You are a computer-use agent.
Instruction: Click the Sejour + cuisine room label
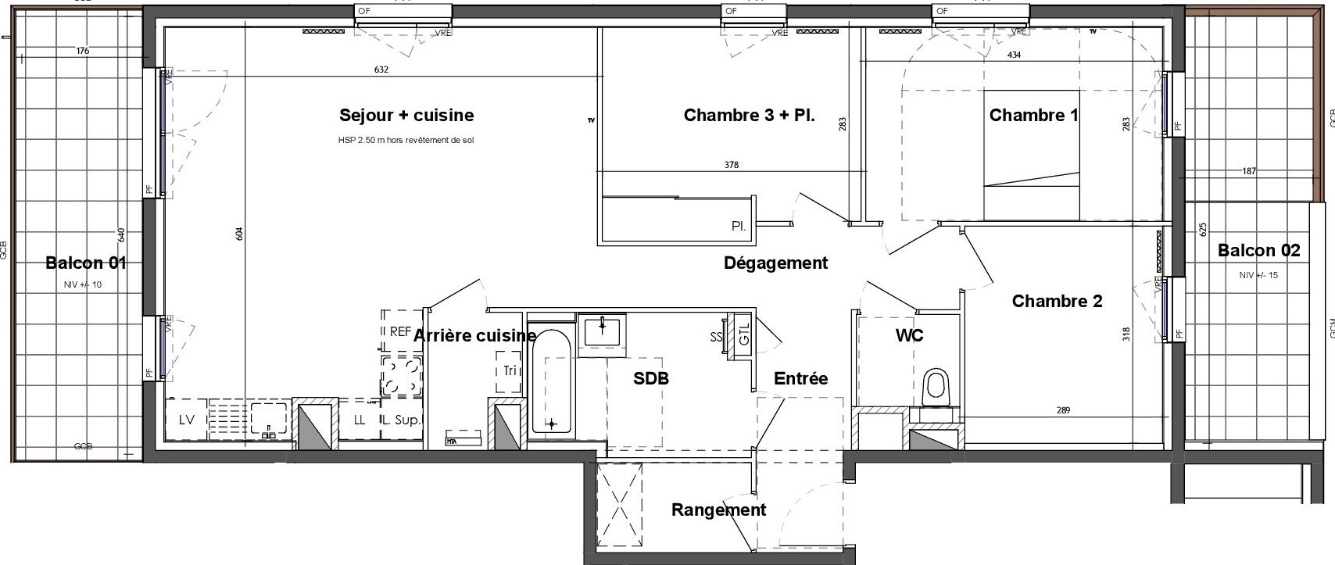(x=406, y=116)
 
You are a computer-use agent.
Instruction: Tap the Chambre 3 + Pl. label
(x=749, y=116)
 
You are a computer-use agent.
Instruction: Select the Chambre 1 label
(x=1033, y=116)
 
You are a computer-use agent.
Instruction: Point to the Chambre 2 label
(x=1057, y=302)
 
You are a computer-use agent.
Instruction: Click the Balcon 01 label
(x=86, y=263)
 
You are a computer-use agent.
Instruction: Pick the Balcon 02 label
(x=1258, y=251)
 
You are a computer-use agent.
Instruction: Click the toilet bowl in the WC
(x=936, y=388)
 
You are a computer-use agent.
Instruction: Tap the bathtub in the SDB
(x=552, y=383)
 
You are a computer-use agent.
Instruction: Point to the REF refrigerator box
(x=400, y=331)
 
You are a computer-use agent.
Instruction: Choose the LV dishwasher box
(x=187, y=420)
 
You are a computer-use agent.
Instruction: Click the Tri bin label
(x=510, y=371)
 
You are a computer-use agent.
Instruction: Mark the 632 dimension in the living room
(x=381, y=70)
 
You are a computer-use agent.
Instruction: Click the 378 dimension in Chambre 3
(x=732, y=165)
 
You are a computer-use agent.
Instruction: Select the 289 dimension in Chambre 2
(x=1062, y=410)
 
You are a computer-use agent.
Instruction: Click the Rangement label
(x=718, y=510)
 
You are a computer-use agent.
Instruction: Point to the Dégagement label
(x=775, y=263)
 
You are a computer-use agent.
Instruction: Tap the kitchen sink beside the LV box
(x=267, y=420)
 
